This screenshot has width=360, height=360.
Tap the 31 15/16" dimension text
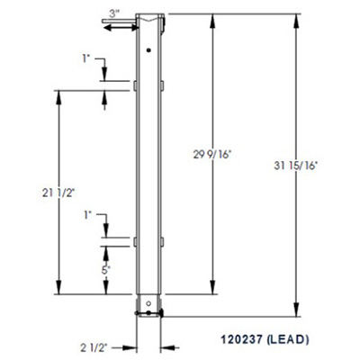point(297,165)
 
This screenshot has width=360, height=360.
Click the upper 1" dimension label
point(87,59)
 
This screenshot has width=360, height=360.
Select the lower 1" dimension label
point(87,217)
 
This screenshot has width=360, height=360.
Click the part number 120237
point(243,339)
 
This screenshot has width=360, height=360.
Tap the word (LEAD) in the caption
point(289,339)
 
